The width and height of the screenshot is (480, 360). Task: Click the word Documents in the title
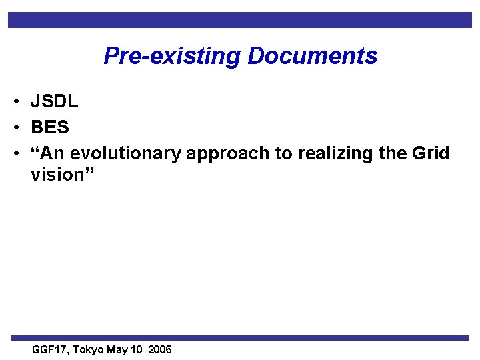tap(312, 56)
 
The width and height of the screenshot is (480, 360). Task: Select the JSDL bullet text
tap(54, 101)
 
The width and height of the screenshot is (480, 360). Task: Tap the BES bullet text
tap(50, 127)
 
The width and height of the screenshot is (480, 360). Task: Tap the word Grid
tap(431, 153)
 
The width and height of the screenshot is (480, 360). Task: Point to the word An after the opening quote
tap(54, 153)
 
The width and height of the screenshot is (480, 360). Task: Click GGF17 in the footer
tap(49, 350)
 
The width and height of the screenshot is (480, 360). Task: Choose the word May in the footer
tap(117, 350)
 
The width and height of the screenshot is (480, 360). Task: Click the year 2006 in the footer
tap(160, 350)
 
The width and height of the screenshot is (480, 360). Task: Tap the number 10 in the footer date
tap(137, 350)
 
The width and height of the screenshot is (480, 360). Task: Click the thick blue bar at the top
tap(240, 20)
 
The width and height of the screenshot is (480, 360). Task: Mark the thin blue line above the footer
tap(240, 338)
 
